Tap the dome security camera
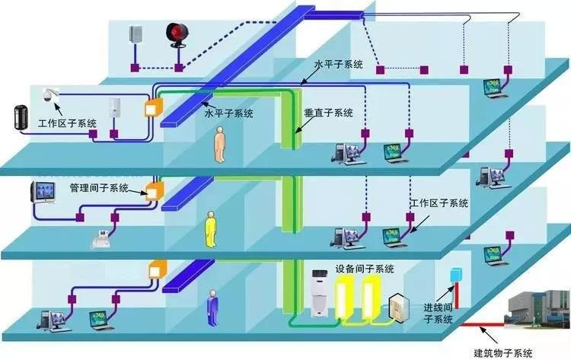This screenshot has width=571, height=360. [48, 94]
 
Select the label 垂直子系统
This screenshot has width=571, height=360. [328, 113]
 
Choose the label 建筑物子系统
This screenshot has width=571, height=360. [503, 352]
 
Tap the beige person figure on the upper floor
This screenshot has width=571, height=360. [220, 144]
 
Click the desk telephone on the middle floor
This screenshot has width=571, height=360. [101, 237]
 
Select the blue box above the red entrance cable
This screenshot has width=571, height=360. [457, 273]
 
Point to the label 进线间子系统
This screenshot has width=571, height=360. [438, 314]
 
